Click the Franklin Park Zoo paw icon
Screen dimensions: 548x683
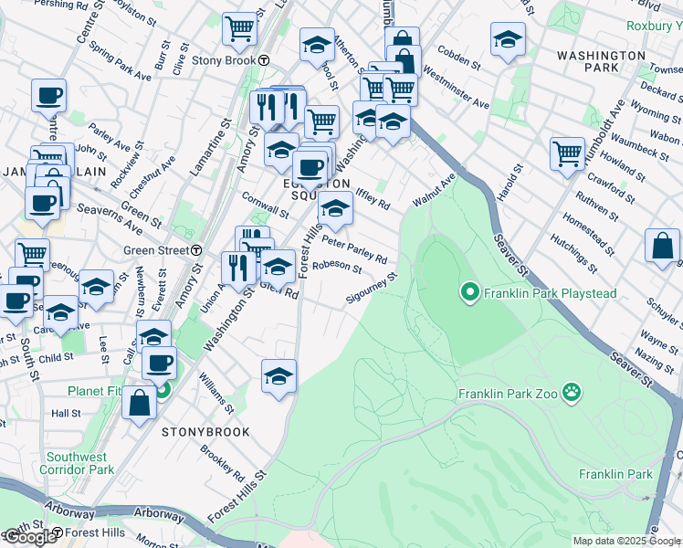tap(572, 392)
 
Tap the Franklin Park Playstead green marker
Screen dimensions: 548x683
tap(470, 293)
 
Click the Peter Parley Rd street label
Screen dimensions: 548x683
tap(355, 248)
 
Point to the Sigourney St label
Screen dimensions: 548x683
tap(372, 287)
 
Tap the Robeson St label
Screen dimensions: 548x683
tap(337, 268)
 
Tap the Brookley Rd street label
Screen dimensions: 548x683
tap(222, 464)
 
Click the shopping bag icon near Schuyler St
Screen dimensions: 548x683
tap(662, 245)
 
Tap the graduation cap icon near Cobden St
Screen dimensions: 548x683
tap(508, 39)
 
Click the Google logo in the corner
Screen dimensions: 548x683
tap(29, 537)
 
